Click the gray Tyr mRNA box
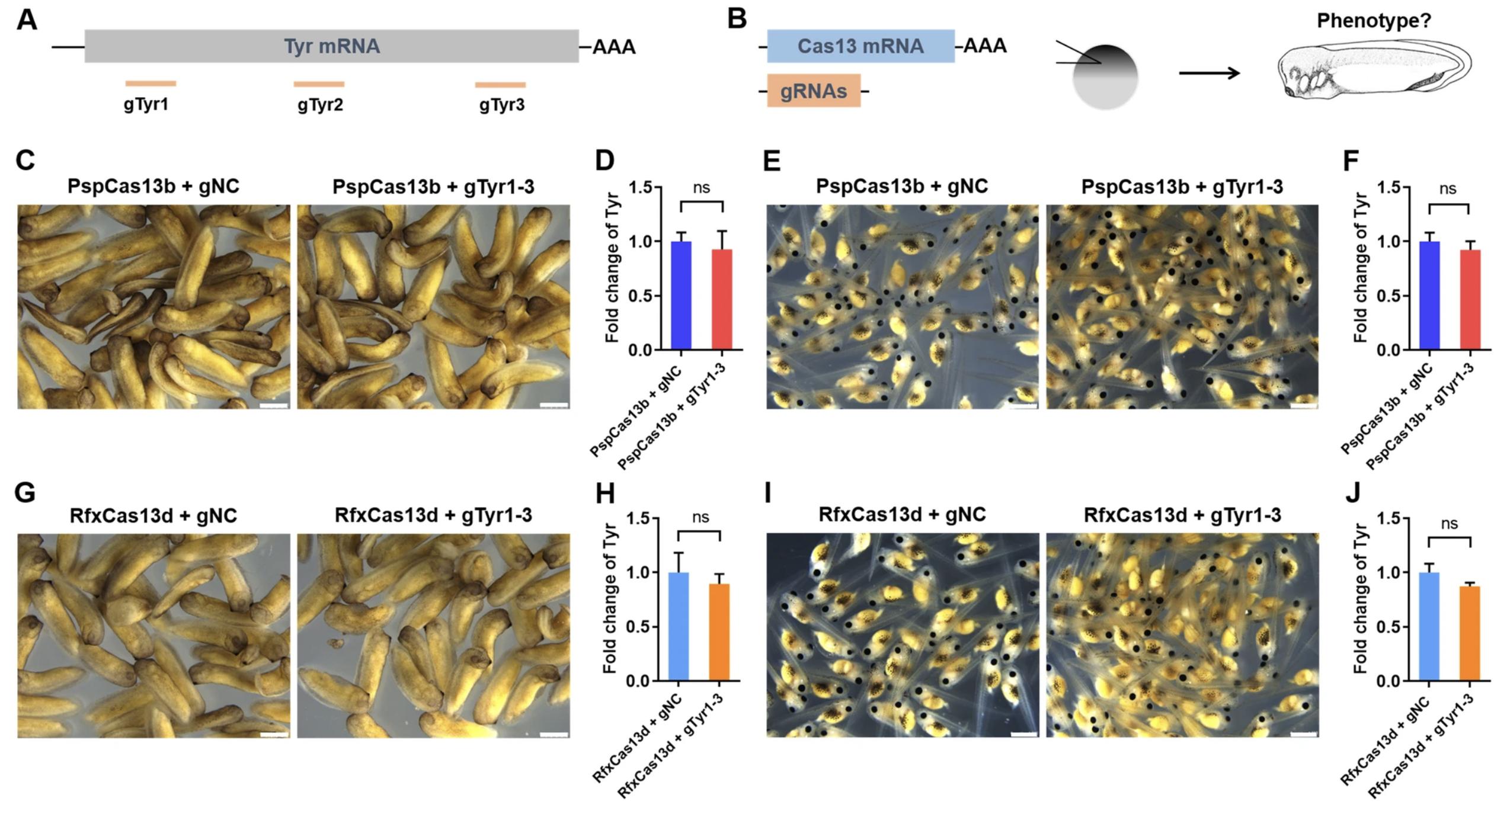coord(331,46)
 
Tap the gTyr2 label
coord(320,105)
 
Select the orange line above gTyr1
coord(151,84)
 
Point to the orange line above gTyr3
coord(500,85)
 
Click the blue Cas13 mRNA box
coord(860,46)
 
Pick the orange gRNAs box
coord(814,91)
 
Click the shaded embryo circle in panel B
coord(1105,77)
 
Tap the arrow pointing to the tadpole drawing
coord(1209,73)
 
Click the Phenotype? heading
coord(1374,21)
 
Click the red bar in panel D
coord(722,299)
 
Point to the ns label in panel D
coord(701,188)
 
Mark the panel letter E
coord(772,161)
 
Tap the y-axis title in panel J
coord(1361,598)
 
